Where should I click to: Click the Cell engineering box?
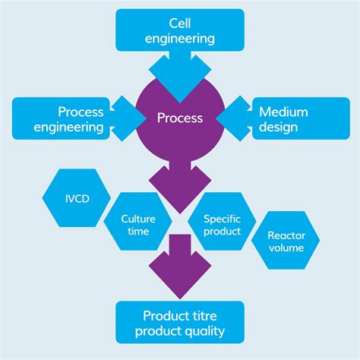tap(179, 29)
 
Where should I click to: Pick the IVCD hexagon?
tap(71, 197)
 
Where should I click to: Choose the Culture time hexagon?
tap(138, 225)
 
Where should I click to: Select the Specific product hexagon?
tap(222, 225)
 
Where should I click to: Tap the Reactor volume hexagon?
tap(286, 242)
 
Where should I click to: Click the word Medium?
tap(283, 112)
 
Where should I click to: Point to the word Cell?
tap(179, 21)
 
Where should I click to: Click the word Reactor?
tap(286, 235)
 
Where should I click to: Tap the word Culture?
tap(138, 219)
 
